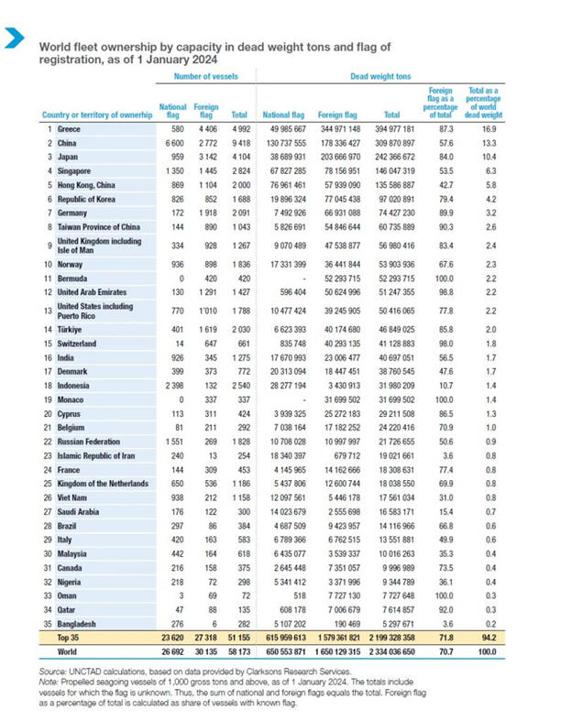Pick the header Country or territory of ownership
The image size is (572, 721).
point(96,115)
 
